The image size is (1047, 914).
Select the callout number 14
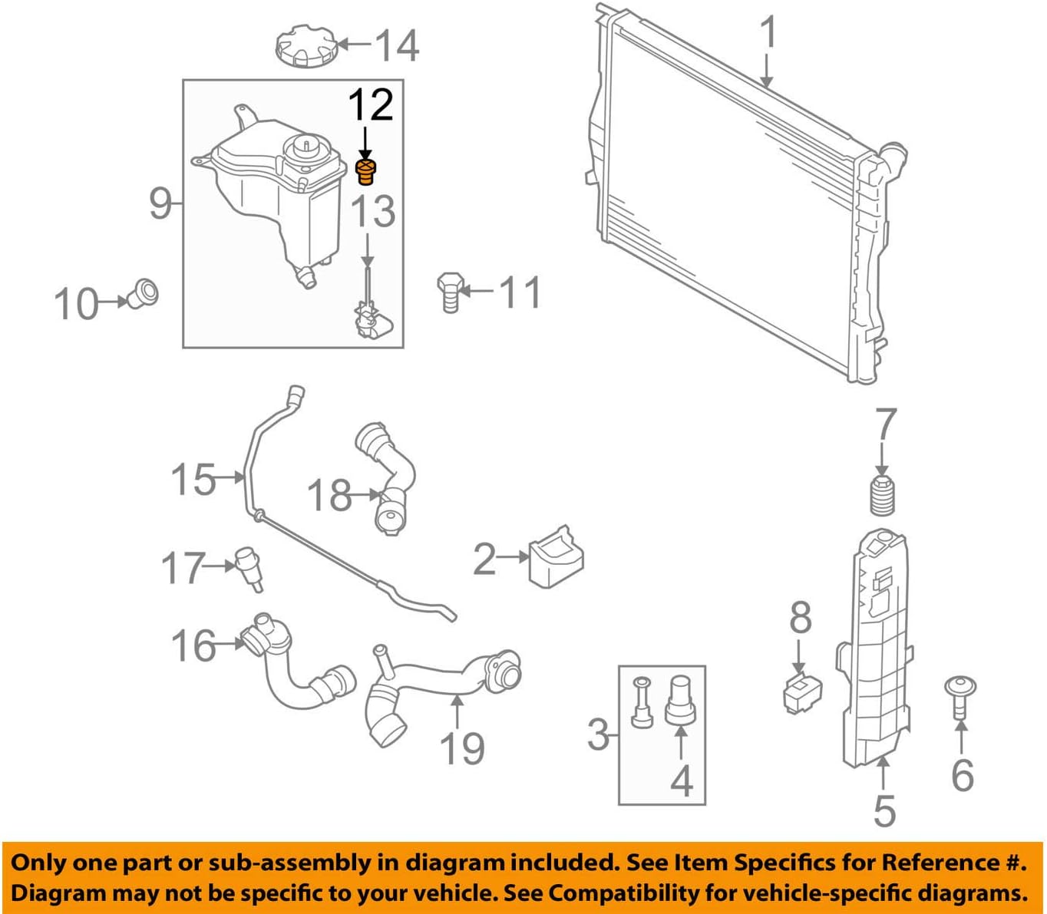(x=397, y=45)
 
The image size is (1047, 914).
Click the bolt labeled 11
(x=450, y=292)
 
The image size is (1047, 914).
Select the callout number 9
(x=160, y=203)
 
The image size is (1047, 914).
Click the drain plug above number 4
(x=679, y=698)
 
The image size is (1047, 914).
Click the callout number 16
(x=193, y=645)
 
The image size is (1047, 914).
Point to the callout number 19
(x=462, y=749)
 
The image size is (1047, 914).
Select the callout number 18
(x=329, y=495)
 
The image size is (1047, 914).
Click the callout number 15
(x=193, y=480)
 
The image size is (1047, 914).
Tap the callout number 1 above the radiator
(x=768, y=35)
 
